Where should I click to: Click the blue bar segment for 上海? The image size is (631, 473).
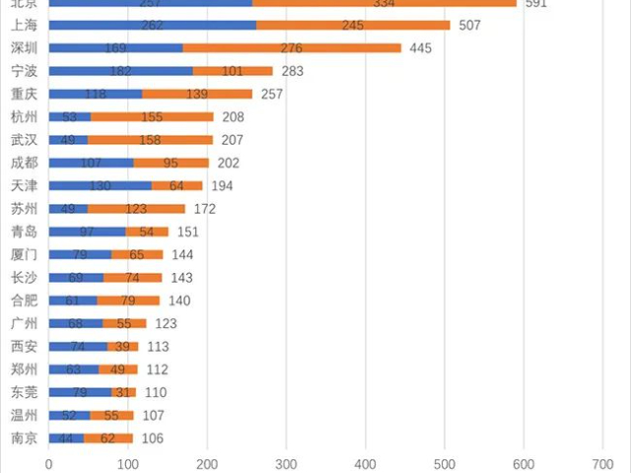click(x=152, y=25)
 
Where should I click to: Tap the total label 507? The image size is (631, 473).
click(x=469, y=25)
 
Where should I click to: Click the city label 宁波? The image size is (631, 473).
click(x=24, y=71)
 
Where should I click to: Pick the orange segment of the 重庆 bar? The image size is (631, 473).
click(x=197, y=94)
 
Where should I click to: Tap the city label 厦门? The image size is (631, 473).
click(x=24, y=254)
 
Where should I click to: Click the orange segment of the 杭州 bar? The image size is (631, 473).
click(x=152, y=116)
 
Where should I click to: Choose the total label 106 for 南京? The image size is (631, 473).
click(x=152, y=439)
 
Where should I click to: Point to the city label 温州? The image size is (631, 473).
click(x=24, y=415)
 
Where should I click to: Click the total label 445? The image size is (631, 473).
click(x=420, y=47)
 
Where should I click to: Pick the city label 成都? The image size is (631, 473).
click(x=24, y=163)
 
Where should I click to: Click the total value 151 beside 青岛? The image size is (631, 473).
click(x=187, y=232)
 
